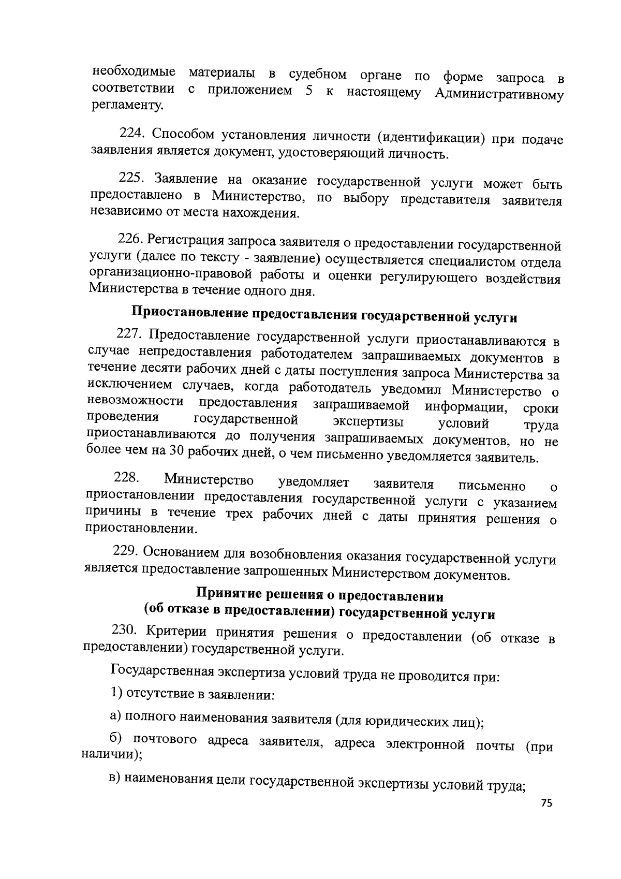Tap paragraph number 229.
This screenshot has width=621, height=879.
point(124,551)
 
